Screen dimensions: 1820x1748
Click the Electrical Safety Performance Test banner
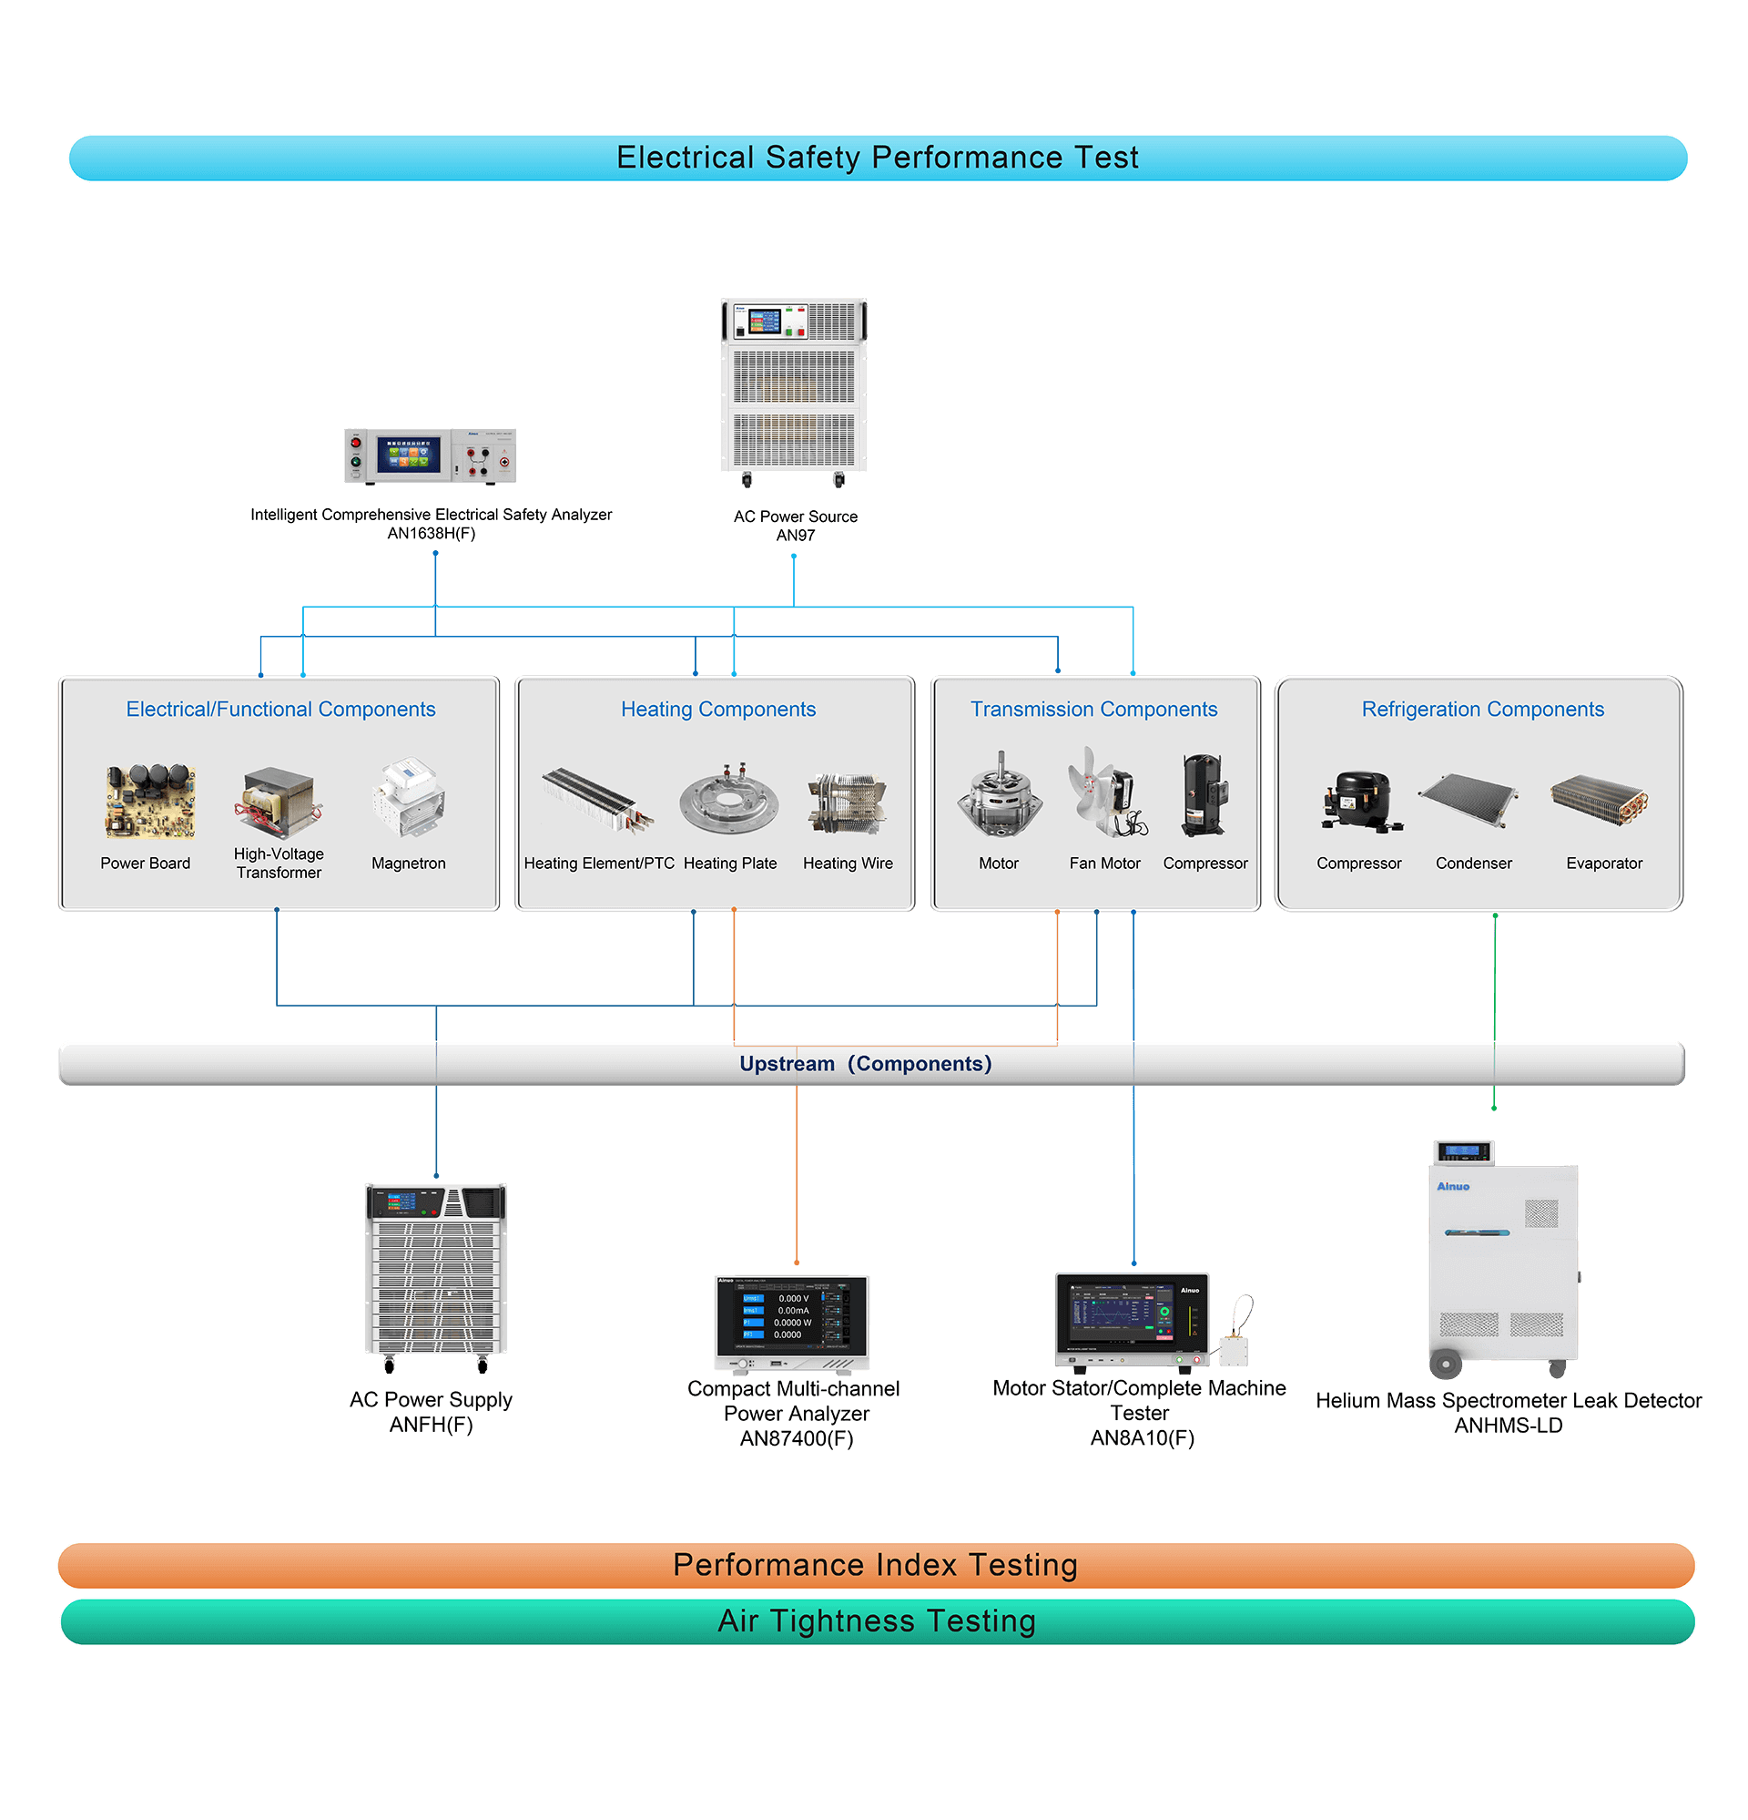click(x=877, y=158)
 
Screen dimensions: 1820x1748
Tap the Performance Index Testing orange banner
click(x=875, y=1565)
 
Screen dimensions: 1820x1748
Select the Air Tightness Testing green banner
click(x=877, y=1621)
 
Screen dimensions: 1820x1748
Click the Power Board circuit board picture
click(x=149, y=801)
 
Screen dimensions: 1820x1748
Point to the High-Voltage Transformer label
click(x=279, y=863)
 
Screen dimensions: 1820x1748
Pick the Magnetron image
click(x=409, y=797)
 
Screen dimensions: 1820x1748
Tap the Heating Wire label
click(x=848, y=864)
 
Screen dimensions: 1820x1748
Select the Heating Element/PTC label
click(x=599, y=864)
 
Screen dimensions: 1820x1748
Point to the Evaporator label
click(x=1604, y=864)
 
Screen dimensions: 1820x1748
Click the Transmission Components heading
click(x=1093, y=710)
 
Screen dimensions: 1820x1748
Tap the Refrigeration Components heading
click(x=1482, y=710)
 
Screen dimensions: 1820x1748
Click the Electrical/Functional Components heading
click(x=280, y=710)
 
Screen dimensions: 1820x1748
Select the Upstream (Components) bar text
click(x=865, y=1064)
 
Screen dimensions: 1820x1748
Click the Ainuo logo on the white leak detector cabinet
click(x=1453, y=1187)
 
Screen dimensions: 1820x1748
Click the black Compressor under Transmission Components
click(x=1204, y=795)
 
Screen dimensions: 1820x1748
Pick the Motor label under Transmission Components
click(x=998, y=864)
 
